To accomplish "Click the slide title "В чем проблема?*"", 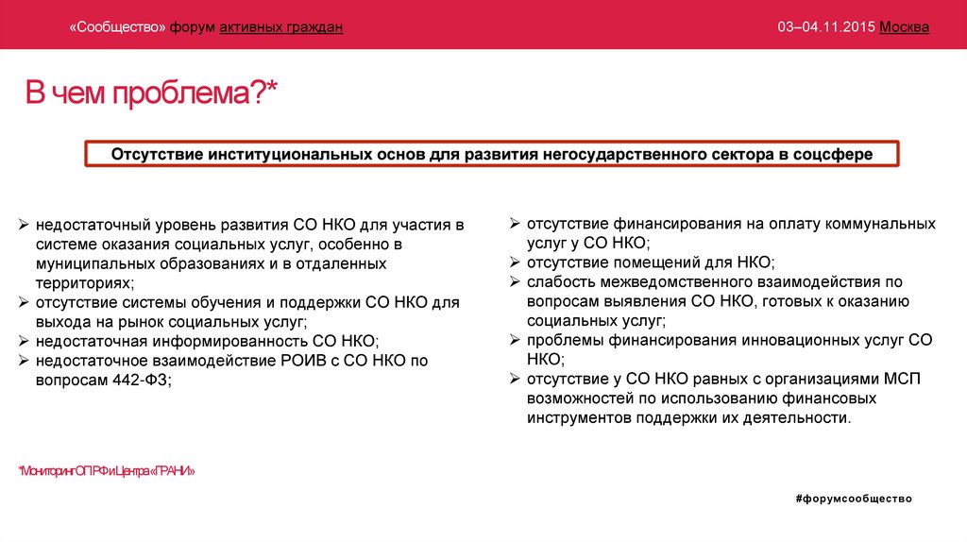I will click(x=151, y=95).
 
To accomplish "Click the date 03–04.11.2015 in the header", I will click(x=826, y=27).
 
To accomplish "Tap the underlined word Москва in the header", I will click(x=905, y=27).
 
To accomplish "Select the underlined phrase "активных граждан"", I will click(x=281, y=27).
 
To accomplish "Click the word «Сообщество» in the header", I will click(x=117, y=27).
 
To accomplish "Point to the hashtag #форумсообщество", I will click(x=854, y=498).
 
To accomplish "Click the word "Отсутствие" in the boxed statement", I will click(x=159, y=153).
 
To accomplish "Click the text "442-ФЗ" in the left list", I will click(x=145, y=378).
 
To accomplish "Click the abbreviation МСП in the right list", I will click(x=904, y=378).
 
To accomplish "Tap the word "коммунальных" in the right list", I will click(x=879, y=224).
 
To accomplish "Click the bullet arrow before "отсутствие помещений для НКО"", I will click(x=515, y=263).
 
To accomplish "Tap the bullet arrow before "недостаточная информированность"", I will click(x=25, y=341).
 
